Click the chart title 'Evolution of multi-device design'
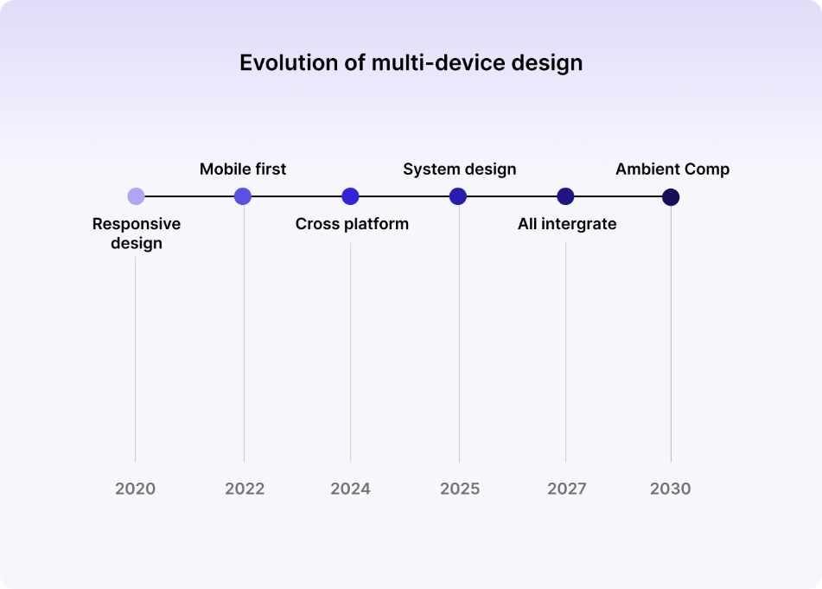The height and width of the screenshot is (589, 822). click(411, 63)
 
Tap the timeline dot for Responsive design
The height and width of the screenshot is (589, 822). click(136, 196)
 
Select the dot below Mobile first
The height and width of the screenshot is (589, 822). click(243, 196)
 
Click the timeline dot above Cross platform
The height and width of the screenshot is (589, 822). click(350, 196)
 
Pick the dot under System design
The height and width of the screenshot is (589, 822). click(458, 196)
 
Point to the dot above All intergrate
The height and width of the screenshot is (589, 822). click(565, 196)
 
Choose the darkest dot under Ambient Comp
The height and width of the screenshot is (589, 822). click(671, 197)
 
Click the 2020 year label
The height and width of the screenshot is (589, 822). click(136, 489)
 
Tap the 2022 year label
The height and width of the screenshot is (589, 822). click(245, 489)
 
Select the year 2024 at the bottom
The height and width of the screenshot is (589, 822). click(350, 489)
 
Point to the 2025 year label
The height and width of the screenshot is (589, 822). click(460, 489)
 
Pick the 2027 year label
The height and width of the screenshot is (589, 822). click(567, 489)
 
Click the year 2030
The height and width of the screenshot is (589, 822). click(671, 489)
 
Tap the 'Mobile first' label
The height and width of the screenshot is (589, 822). click(243, 169)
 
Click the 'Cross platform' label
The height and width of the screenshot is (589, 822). click(352, 224)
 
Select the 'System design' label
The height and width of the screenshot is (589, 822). click(459, 169)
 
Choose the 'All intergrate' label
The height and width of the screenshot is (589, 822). click(567, 224)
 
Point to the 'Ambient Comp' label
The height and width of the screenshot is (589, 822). click(672, 169)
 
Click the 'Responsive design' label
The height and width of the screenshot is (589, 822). click(137, 234)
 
